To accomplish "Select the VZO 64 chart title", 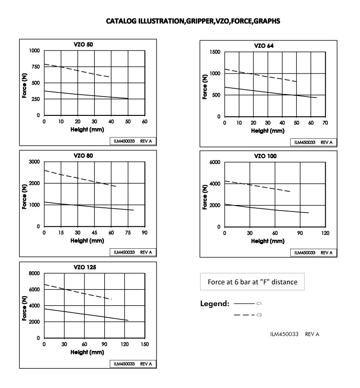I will click(264, 46).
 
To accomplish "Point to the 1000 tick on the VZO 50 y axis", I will click(35, 51).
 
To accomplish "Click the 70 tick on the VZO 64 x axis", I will click(325, 123).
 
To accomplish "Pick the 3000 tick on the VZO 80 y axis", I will click(35, 162).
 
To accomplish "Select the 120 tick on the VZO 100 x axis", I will click(325, 234).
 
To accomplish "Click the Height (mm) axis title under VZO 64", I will click(268, 131).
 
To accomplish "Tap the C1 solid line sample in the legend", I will click(244, 304).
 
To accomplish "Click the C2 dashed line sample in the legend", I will click(244, 315).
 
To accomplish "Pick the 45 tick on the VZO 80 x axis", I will click(94, 234).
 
